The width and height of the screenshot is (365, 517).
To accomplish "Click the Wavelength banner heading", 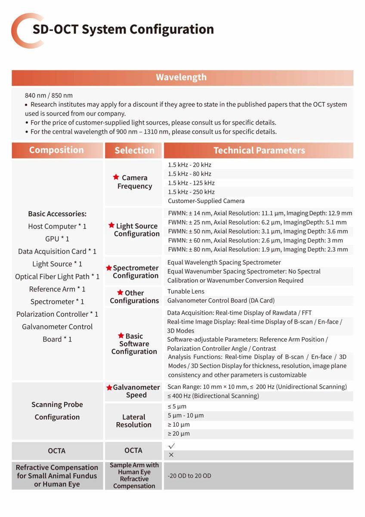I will pyautogui.click(x=181, y=78).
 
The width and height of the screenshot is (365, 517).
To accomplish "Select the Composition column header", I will pyautogui.click(x=56, y=150).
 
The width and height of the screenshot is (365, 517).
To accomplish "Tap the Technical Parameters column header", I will pyautogui.click(x=259, y=150).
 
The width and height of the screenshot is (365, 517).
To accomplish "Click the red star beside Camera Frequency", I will pyautogui.click(x=116, y=177).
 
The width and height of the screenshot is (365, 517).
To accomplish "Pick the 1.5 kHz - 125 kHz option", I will pyautogui.click(x=191, y=183).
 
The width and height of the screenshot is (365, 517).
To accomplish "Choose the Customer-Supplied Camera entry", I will pyautogui.click(x=206, y=201).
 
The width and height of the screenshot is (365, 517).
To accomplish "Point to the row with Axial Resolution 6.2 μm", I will pyautogui.click(x=257, y=222).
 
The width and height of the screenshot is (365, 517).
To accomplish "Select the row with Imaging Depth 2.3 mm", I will pyautogui.click(x=258, y=249).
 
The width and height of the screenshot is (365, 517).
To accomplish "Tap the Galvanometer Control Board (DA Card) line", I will pyautogui.click(x=221, y=301).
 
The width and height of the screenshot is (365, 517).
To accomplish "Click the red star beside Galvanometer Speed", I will pyautogui.click(x=109, y=387).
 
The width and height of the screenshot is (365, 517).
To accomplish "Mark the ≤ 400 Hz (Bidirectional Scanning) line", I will pyautogui.click(x=213, y=396).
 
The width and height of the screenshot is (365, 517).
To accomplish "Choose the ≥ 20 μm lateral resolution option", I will pyautogui.click(x=179, y=434).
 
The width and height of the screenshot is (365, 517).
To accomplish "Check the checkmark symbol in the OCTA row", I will pyautogui.click(x=172, y=446).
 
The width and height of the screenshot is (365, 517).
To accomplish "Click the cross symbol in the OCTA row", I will pyautogui.click(x=171, y=455).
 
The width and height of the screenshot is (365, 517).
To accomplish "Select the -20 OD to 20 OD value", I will pyautogui.click(x=189, y=476).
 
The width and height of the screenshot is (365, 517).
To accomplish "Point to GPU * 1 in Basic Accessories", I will pyautogui.click(x=57, y=239).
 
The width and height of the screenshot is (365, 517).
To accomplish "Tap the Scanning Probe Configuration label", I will pyautogui.click(x=57, y=411).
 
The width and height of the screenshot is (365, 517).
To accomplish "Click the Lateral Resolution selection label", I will pyautogui.click(x=134, y=421).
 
